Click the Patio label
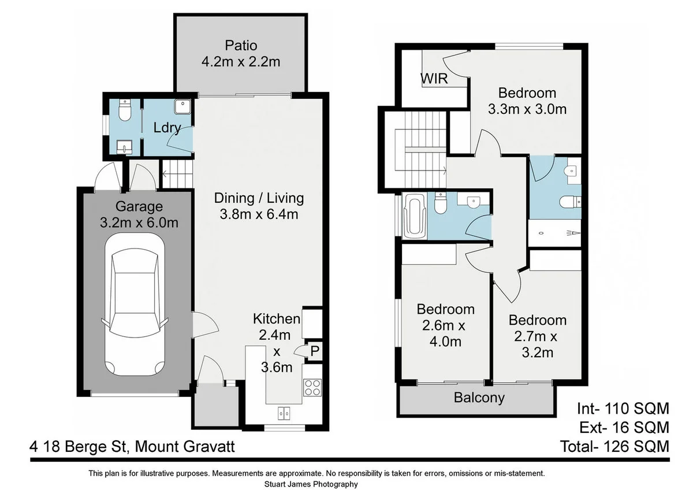(x=241, y=46)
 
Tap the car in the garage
(x=135, y=305)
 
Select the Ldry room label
(x=167, y=128)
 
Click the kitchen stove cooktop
(x=312, y=387)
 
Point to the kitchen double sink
(x=284, y=413)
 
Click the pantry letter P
(x=315, y=351)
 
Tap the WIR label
(x=434, y=79)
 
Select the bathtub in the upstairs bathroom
(x=415, y=216)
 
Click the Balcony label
(x=479, y=398)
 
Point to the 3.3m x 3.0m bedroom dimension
(x=527, y=109)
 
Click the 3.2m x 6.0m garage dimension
(x=139, y=222)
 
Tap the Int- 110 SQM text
(x=623, y=409)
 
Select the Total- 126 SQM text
(x=614, y=446)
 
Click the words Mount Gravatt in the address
(x=185, y=447)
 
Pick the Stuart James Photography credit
(x=311, y=484)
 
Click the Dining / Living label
(x=259, y=198)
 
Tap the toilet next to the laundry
(x=125, y=110)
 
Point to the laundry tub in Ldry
(x=182, y=106)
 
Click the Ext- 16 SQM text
(x=624, y=428)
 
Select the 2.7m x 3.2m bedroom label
(x=538, y=336)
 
